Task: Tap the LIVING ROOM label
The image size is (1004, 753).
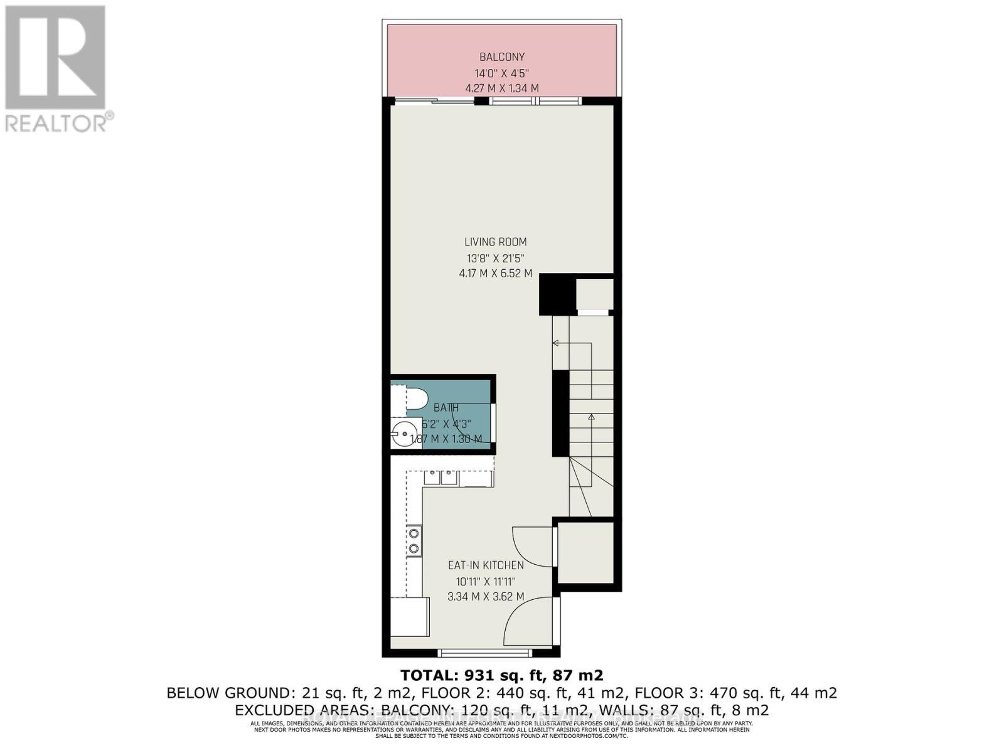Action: (496, 242)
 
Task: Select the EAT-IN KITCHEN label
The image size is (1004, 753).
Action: (486, 565)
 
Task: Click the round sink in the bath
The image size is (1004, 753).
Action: (402, 433)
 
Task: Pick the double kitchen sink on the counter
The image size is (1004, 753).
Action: (440, 478)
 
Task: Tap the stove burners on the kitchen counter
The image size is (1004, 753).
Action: (414, 541)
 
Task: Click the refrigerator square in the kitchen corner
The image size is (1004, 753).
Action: (409, 617)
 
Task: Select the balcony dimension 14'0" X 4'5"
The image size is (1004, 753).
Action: (502, 73)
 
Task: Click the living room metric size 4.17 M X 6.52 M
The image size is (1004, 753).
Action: (496, 273)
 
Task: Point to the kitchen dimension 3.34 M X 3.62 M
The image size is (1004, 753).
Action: (486, 596)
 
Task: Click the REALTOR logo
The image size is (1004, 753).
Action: (56, 69)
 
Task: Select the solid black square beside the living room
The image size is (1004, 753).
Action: (557, 295)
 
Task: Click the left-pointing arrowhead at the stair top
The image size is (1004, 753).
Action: (555, 343)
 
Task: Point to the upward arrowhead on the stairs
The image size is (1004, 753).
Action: (591, 417)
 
